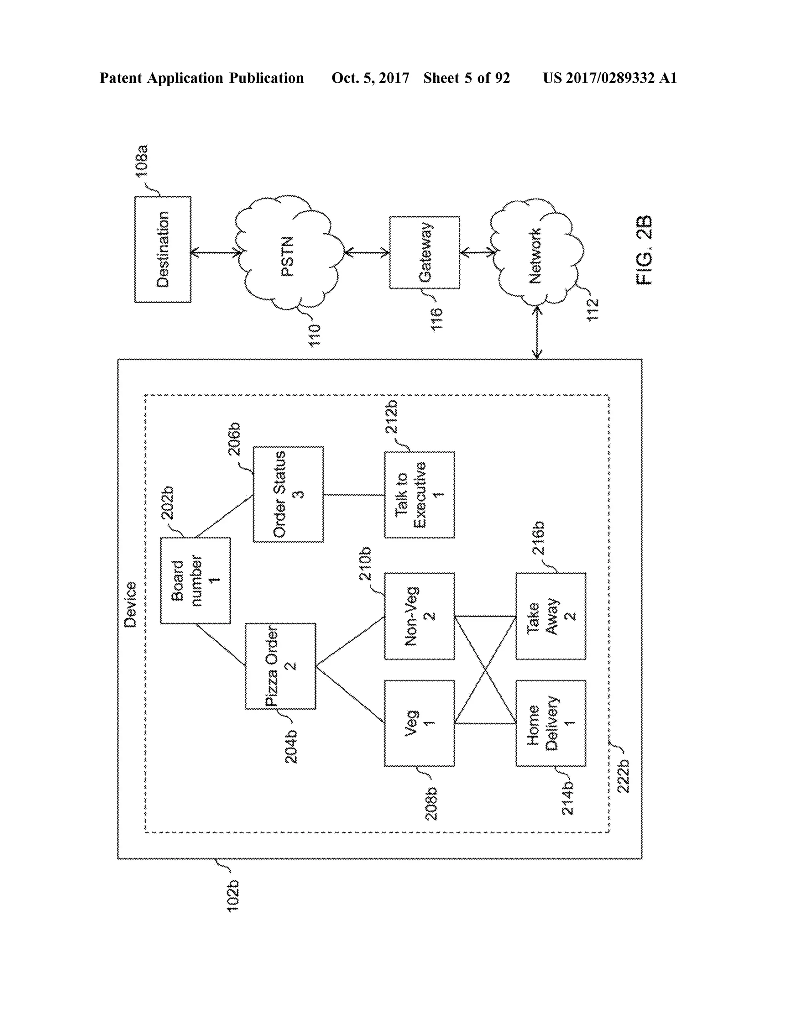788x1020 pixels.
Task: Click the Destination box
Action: [162, 249]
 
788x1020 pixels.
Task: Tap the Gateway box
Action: [424, 252]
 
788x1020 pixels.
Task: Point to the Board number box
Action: [195, 580]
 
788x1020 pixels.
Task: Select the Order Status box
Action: [288, 494]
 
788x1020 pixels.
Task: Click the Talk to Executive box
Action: [419, 494]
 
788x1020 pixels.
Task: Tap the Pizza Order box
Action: [280, 666]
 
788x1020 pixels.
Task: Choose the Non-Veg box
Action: [419, 616]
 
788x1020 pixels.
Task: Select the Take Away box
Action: [550, 616]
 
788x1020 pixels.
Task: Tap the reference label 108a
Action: [142, 161]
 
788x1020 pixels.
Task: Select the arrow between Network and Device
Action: [537, 333]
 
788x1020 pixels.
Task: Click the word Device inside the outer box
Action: [130, 604]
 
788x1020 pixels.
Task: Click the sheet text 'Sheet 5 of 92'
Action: [466, 78]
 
